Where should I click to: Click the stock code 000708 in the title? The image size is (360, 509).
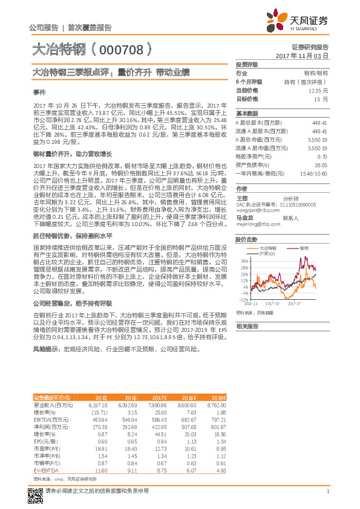tap(125, 48)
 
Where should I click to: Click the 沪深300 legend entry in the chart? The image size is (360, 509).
tap(267, 254)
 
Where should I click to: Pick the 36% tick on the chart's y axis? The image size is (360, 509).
tap(243, 261)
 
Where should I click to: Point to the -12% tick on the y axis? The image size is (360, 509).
tap(243, 299)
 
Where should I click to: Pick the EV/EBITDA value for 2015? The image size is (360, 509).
tap(101, 470)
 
